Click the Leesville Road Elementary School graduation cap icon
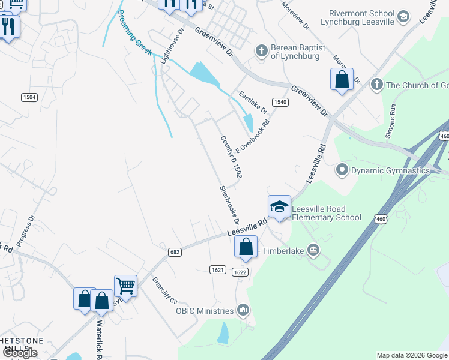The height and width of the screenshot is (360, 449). [x=279, y=207]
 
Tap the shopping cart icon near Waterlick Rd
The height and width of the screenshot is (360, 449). [x=125, y=285]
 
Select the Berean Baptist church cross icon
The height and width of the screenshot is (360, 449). [x=261, y=51]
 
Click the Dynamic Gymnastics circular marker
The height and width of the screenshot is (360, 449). [x=342, y=170]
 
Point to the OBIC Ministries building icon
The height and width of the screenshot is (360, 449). [x=243, y=310]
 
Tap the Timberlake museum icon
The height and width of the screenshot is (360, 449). [x=313, y=250]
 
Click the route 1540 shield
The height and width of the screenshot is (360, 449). [x=280, y=102]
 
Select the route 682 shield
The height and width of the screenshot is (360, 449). [x=175, y=252]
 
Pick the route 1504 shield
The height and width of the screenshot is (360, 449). [x=29, y=97]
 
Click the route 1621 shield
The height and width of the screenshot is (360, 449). [x=218, y=270]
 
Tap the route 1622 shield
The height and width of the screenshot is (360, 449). [x=240, y=272]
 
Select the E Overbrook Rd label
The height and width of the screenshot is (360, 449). [x=253, y=136]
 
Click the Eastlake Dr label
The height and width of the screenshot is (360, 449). [x=252, y=103]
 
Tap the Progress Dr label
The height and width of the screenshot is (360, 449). [x=26, y=231]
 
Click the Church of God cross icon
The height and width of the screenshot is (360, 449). [x=376, y=85]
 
